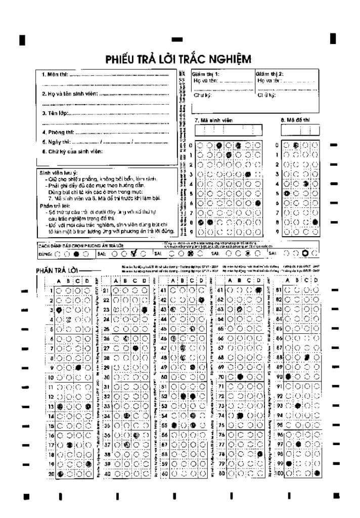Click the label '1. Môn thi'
coord(55,75)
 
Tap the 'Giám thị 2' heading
coord(269,73)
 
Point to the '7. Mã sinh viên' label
coord(213,120)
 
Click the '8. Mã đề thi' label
coord(295,120)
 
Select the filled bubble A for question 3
coord(60,310)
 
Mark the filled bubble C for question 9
coord(78,368)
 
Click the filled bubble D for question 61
coord(258,291)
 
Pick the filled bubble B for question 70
coord(240,377)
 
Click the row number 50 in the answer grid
coord(163,377)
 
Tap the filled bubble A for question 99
coord(289,464)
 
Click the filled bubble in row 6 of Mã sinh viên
coord(258,203)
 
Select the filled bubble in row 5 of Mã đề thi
coord(287,194)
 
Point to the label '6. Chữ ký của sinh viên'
coord(72,151)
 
